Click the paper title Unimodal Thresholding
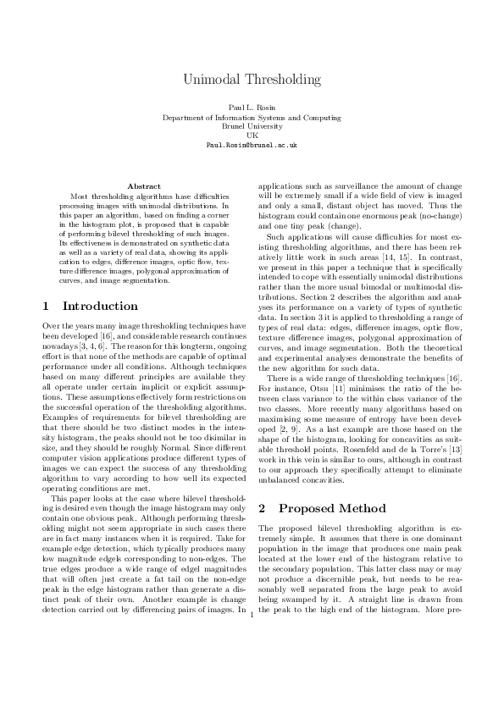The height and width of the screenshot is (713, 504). click(x=252, y=80)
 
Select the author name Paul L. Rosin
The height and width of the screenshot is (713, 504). click(x=252, y=109)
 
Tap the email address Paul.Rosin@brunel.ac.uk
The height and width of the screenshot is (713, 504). click(x=252, y=145)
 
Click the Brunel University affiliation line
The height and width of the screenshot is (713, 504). click(x=252, y=126)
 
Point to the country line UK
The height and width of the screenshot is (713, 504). click(x=252, y=135)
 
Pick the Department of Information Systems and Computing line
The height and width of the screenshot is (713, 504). click(x=252, y=118)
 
